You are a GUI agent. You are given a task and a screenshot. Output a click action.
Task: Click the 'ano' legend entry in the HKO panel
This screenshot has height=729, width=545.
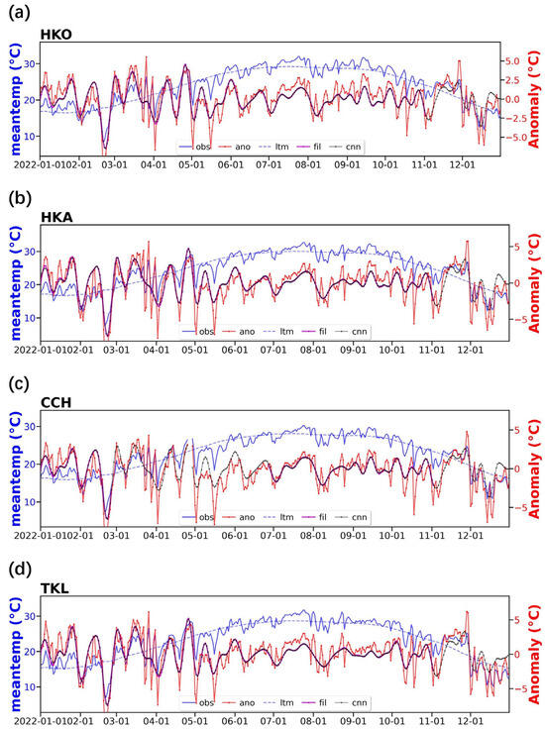[244, 147]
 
